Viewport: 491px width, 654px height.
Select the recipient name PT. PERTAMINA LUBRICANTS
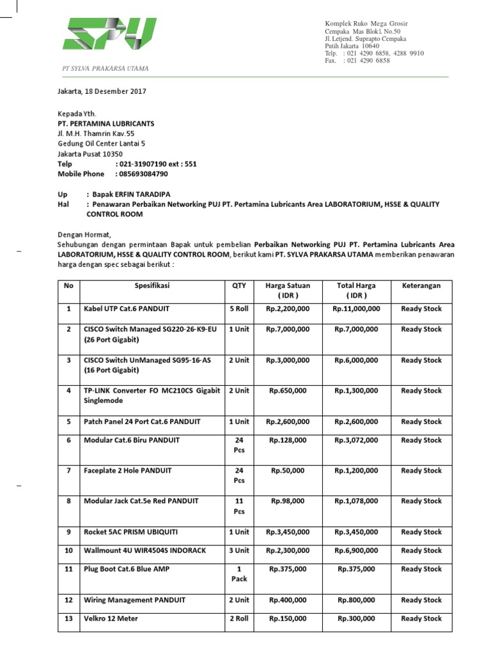point(105,123)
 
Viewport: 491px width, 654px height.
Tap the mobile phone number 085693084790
point(141,174)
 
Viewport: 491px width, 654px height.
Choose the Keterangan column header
point(421,286)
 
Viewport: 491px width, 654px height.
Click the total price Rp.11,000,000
point(356,309)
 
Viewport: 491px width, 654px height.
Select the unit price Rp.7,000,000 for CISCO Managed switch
point(287,330)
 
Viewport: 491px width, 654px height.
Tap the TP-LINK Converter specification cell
point(152,395)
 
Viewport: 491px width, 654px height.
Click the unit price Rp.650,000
point(287,391)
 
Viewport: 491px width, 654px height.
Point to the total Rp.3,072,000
point(356,441)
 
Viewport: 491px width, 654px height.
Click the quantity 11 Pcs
point(238,506)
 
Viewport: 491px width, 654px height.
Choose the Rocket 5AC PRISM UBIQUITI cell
point(131,532)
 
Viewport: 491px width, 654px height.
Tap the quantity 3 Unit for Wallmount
point(238,551)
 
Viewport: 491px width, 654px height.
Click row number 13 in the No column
point(68,619)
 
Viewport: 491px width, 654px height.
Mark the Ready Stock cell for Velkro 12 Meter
point(421,619)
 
